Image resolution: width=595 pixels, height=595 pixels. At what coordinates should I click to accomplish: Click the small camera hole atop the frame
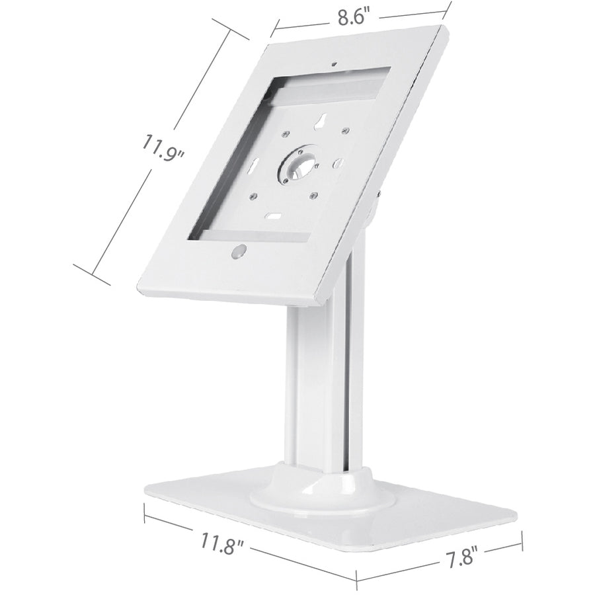click(x=333, y=65)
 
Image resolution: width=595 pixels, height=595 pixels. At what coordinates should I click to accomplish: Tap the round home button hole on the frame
click(x=239, y=251)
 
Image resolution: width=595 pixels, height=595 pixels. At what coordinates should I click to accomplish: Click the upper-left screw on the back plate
click(x=284, y=135)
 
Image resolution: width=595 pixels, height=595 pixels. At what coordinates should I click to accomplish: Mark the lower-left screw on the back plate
click(x=252, y=196)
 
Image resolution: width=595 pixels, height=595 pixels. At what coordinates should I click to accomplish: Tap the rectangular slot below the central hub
click(x=271, y=216)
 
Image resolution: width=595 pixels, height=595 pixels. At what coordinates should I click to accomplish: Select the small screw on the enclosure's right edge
click(x=379, y=194)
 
